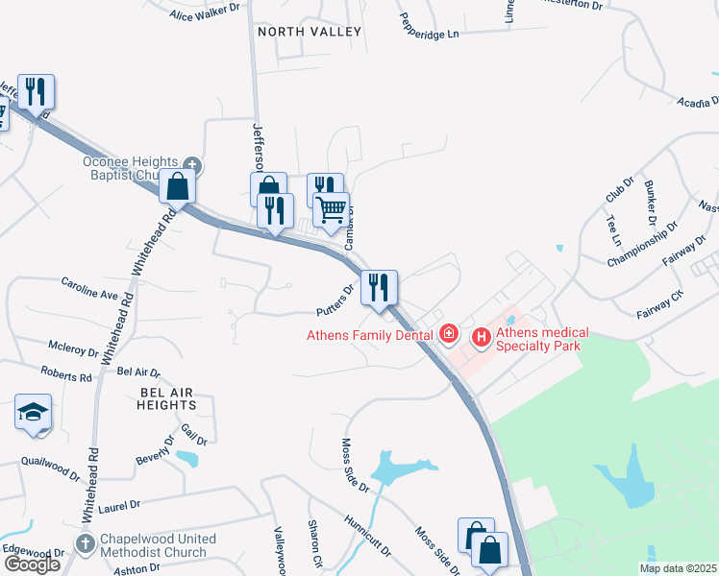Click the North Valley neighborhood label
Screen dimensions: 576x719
click(x=310, y=32)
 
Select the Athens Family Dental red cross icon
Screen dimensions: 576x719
click(x=448, y=335)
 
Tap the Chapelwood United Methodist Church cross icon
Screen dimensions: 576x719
click(x=85, y=544)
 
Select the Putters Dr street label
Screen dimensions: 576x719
click(x=336, y=299)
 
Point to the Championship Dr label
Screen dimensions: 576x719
click(x=643, y=244)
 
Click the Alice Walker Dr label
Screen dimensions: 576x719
click(x=204, y=14)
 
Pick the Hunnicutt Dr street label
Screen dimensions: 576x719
click(x=367, y=536)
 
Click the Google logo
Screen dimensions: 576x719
click(x=32, y=564)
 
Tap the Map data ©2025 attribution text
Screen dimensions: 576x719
click(x=678, y=568)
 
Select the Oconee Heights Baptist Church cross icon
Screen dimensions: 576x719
click(x=192, y=164)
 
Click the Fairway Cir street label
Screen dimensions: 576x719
click(x=659, y=301)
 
